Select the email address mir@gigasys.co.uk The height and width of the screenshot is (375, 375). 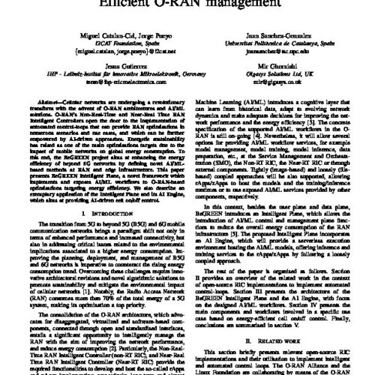(x=281, y=86)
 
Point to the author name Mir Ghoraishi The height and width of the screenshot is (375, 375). (x=282, y=70)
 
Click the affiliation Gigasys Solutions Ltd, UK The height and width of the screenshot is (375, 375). (x=282, y=78)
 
